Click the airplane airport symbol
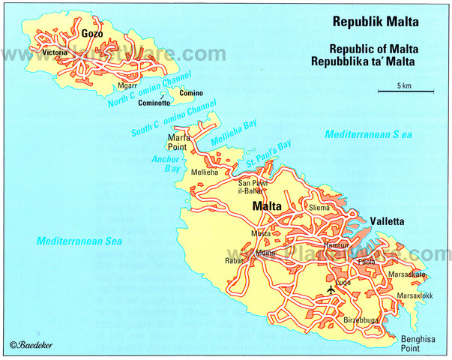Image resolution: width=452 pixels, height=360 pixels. pos(331,289)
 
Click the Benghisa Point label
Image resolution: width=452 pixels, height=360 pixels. pos(415,343)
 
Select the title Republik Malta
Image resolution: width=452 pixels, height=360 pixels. pos(375,21)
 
